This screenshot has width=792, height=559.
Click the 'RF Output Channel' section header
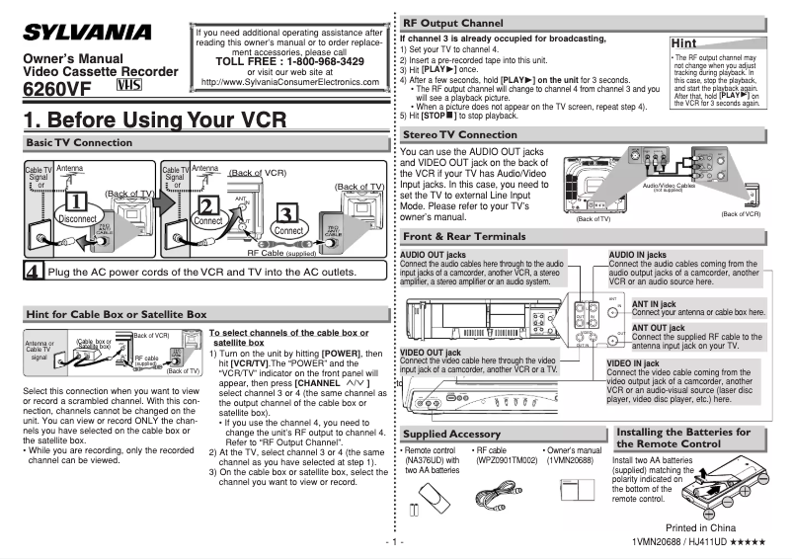coord(453,22)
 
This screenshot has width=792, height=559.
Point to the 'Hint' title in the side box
coord(688,44)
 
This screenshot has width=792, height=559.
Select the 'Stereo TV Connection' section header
coord(460,134)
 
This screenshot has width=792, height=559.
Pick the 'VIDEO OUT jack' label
coord(431,352)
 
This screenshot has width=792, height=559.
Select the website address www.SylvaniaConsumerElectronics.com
coord(289,81)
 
